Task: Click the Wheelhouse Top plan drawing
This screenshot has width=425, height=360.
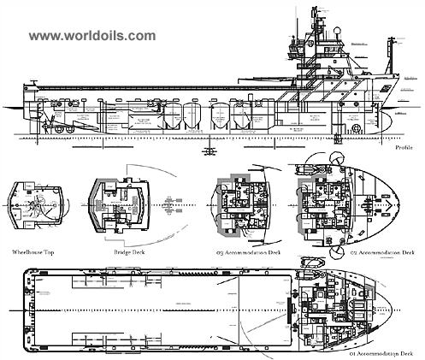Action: tap(35, 206)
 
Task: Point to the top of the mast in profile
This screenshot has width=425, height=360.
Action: tap(314, 10)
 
